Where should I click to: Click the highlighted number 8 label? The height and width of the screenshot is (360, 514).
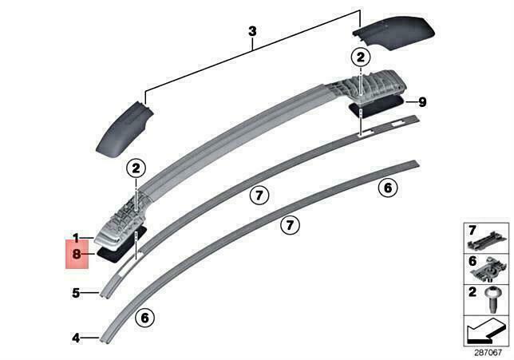pos(77,254)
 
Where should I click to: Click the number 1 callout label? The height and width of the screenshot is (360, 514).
pos(76,238)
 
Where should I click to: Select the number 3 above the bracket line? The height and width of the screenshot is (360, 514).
pos(252,31)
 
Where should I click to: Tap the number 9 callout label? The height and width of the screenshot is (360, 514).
pos(422,102)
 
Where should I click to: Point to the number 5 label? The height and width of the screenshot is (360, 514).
pos(76,293)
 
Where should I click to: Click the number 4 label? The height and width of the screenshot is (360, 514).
pos(76,338)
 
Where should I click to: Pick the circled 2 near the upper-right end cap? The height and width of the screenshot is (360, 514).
pos(361,57)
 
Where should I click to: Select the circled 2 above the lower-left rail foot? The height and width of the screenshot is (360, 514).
pos(136,168)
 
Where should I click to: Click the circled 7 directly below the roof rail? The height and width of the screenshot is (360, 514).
pos(259,196)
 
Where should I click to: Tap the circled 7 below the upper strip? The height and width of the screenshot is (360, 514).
pos(290,225)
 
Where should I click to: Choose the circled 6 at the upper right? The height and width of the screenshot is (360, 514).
pos(388,188)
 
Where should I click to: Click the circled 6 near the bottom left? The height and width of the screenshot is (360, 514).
pos(144,318)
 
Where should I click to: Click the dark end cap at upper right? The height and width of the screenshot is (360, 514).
pos(394,33)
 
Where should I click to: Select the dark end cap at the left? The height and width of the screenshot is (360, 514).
pos(124,129)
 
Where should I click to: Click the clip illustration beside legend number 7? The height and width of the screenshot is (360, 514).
pos(487,241)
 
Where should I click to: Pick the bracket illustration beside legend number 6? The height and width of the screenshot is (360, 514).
pos(488,271)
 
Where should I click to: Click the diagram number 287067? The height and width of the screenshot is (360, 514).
pos(488,353)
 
